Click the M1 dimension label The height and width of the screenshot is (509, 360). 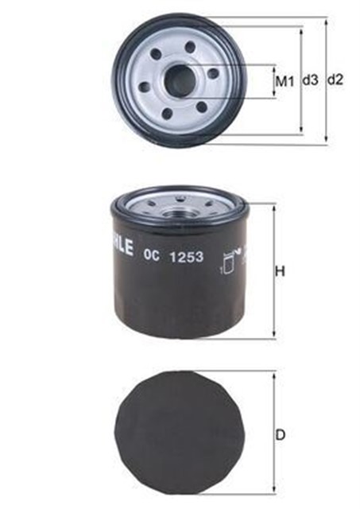click(x=285, y=80)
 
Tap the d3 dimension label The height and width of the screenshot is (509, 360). click(x=311, y=80)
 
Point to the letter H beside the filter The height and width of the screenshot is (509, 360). click(x=280, y=272)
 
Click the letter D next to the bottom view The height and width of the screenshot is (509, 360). click(x=280, y=435)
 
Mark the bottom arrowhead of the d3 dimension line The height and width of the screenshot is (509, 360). click(x=301, y=130)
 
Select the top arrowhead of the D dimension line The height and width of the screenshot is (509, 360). click(x=273, y=372)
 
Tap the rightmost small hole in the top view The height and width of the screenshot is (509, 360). click(x=213, y=73)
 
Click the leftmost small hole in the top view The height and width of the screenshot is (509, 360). click(x=145, y=87)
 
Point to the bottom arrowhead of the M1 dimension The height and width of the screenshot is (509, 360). click(x=275, y=95)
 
